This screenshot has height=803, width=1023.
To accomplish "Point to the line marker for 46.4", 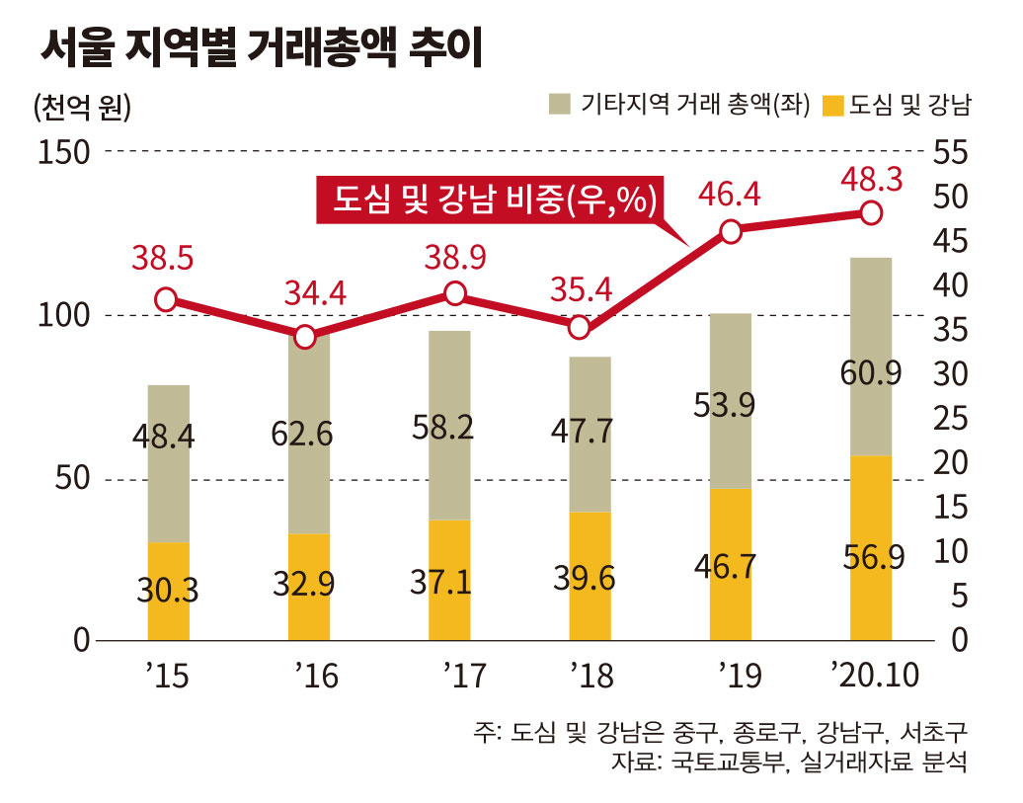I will tap(731, 232).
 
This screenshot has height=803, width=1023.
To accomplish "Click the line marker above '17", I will tap(454, 293).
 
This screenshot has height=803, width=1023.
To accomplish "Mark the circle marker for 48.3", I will tap(871, 212).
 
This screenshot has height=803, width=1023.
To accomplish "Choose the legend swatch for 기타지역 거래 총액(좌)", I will tap(560, 104).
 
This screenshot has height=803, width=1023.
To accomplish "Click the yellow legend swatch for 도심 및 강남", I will tap(832, 104).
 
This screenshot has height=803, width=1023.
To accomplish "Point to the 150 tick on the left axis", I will tap(64, 152).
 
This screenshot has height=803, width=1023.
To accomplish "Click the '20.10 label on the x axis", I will tap(874, 676).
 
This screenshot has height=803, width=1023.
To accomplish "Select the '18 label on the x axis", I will tap(591, 676).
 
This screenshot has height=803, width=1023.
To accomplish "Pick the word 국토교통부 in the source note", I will tap(718, 763).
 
